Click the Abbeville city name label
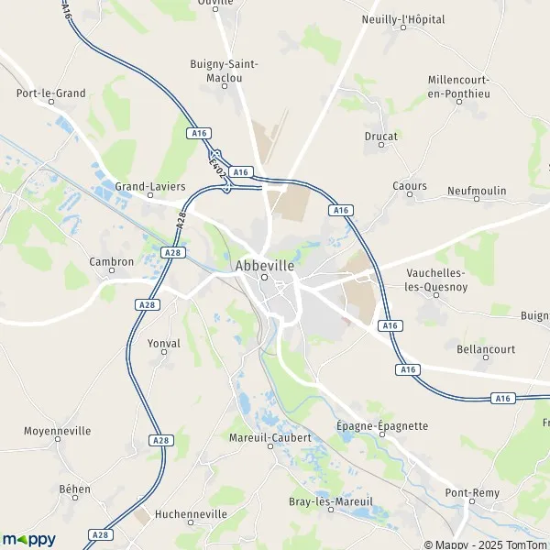[264, 265]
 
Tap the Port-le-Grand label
[50, 93]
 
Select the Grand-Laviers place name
[149, 186]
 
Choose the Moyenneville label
[57, 430]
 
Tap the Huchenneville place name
[191, 514]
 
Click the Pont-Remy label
[472, 493]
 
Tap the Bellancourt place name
[486, 349]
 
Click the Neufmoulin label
[477, 191]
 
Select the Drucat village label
[380, 137]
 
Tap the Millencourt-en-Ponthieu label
[458, 86]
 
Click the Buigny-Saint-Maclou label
[224, 71]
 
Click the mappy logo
[28, 539]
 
